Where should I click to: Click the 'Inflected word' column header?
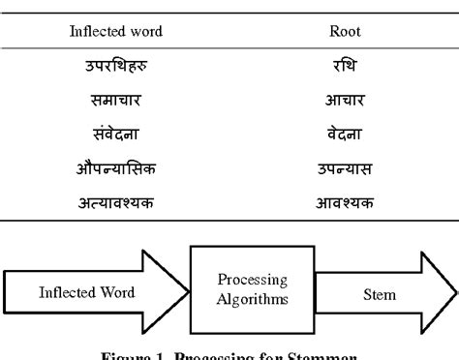point(115,31)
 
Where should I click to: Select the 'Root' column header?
point(345,31)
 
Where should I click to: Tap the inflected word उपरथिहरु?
point(115,69)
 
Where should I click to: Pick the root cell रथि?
point(345,69)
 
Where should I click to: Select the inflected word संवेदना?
point(115,135)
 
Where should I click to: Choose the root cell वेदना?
point(345,135)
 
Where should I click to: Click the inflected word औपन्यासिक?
point(115,169)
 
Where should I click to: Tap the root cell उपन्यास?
point(345,169)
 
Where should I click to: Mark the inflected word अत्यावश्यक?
point(115,203)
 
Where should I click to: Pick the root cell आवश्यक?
point(345,203)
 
